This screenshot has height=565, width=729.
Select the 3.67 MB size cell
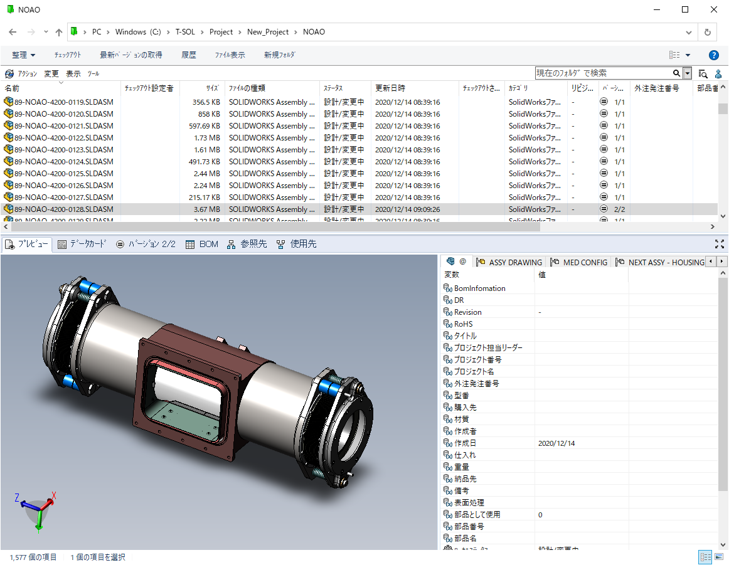click(x=206, y=209)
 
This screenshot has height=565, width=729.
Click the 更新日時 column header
click(x=390, y=88)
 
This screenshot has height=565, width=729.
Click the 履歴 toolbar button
click(x=188, y=55)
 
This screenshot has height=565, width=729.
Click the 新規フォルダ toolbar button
click(x=279, y=55)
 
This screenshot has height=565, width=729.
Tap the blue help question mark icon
click(x=713, y=55)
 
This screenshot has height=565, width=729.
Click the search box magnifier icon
click(x=676, y=73)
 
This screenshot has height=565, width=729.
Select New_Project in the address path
click(x=268, y=32)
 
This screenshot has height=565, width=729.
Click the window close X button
click(x=714, y=9)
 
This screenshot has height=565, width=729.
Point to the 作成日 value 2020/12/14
click(x=556, y=443)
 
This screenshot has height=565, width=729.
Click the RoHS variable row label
click(x=463, y=324)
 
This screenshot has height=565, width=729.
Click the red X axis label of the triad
click(x=54, y=495)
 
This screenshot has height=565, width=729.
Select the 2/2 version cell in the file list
click(x=620, y=209)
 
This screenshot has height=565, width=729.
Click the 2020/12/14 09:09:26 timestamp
click(x=407, y=209)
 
